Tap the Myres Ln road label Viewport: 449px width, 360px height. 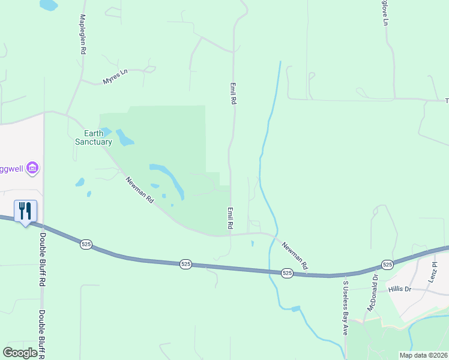tap(115, 77)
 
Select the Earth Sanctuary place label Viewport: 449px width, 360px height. tap(94, 137)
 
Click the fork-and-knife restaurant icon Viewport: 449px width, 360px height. tap(25, 211)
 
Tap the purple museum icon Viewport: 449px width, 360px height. tap(33, 168)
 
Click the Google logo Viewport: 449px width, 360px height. tap(20, 353)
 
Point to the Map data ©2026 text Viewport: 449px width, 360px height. tap(423, 355)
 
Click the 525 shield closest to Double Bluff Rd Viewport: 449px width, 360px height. tap(86, 244)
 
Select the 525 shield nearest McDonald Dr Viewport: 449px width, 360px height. tap(387, 264)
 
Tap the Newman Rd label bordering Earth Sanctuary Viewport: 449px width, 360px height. tap(140, 189)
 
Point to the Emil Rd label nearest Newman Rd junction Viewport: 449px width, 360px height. tap(230, 218)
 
